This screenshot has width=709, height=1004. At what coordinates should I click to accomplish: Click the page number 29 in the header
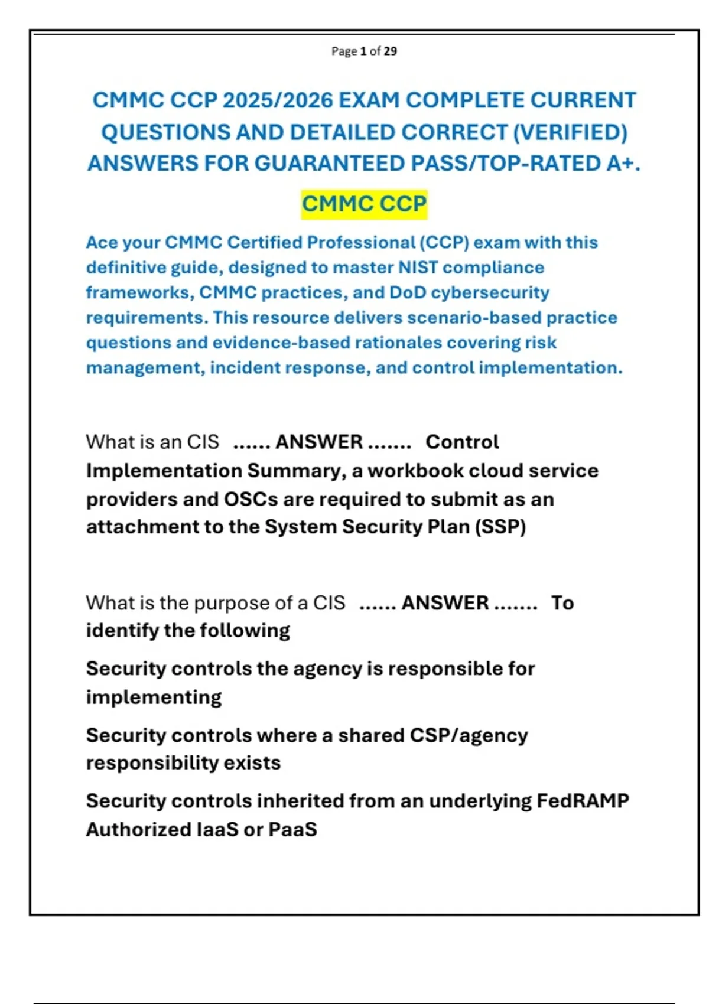[390, 51]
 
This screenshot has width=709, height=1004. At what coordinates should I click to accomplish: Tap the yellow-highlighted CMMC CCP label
[364, 204]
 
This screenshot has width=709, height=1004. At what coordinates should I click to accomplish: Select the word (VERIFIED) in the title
[570, 132]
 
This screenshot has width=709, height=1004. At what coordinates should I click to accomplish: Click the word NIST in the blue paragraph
[418, 268]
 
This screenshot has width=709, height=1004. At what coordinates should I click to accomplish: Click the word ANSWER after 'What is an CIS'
[319, 442]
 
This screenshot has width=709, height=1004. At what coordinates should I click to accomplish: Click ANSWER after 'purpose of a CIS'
[445, 603]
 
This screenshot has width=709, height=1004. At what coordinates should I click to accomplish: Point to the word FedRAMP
[583, 801]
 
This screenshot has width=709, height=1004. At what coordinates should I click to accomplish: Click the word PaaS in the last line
[292, 829]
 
